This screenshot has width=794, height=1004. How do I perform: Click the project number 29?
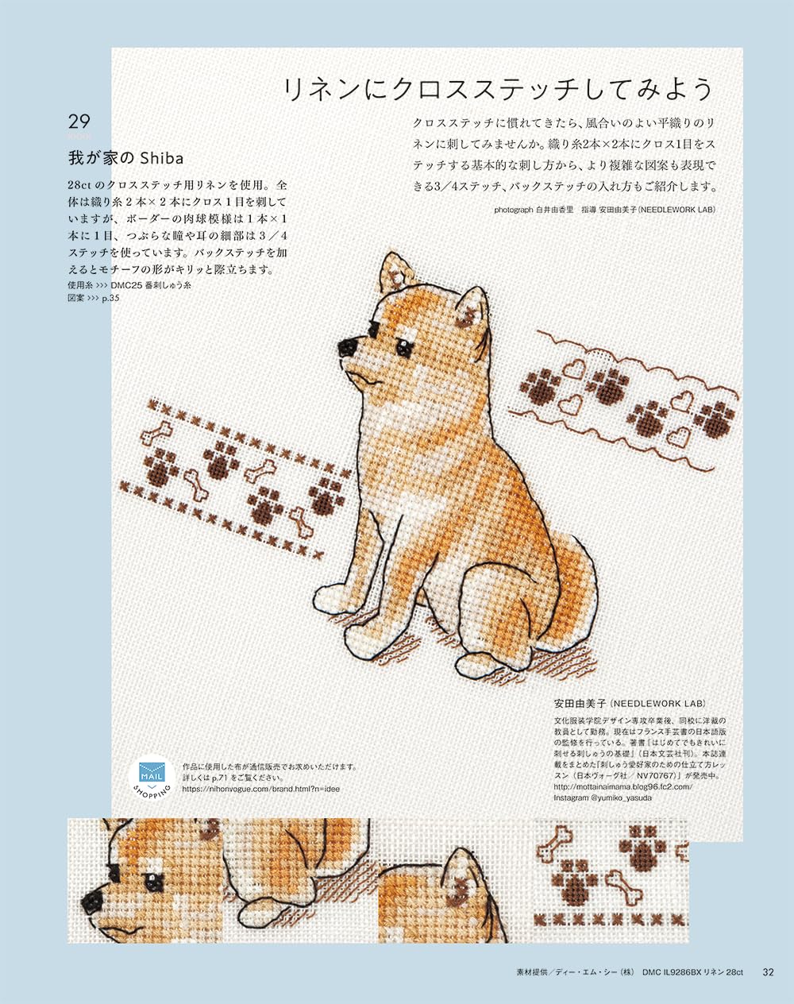click(79, 122)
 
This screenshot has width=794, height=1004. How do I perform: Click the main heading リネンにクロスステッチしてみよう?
click(499, 89)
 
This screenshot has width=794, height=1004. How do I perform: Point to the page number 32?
click(768, 971)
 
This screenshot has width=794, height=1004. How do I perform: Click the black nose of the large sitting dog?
click(347, 346)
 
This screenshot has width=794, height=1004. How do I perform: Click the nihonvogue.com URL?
click(260, 790)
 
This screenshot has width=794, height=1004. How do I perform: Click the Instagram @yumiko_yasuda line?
click(603, 797)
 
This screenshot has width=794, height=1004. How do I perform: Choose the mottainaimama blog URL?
click(622, 786)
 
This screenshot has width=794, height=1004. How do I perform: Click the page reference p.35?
click(110, 299)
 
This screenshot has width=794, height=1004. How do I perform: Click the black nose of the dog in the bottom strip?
click(91, 900)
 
